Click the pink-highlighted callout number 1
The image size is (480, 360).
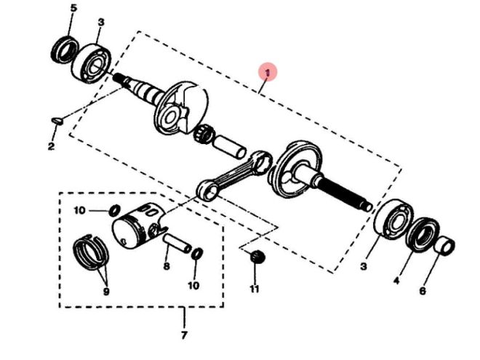tap(268, 72)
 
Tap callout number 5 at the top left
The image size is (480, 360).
tap(73, 9)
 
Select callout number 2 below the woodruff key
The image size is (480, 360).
tap(51, 147)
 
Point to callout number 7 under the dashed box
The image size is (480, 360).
tap(183, 336)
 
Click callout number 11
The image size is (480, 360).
tap(255, 289)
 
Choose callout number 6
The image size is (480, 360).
tap(423, 292)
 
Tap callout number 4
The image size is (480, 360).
tap(396, 279)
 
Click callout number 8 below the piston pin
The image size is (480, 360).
tap(166, 267)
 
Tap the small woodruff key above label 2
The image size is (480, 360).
tap(58, 120)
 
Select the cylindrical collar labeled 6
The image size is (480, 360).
tap(444, 245)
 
